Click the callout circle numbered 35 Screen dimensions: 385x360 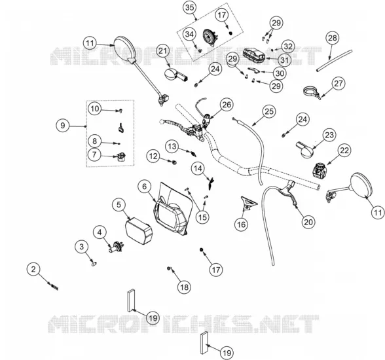pyautogui.click(x=190, y=8)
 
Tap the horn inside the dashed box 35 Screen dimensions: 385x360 pyautogui.click(x=210, y=36)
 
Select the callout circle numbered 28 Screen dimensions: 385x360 pyautogui.click(x=333, y=38)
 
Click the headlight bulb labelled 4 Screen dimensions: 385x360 pyautogui.click(x=117, y=247)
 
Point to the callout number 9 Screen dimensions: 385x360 pyautogui.click(x=63, y=126)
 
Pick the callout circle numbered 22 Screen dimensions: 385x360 pyautogui.click(x=344, y=150)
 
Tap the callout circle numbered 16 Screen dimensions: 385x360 pyautogui.click(x=242, y=225)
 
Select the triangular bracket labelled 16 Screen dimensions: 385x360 pyautogui.click(x=248, y=203)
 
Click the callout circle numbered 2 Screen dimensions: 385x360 pyautogui.click(x=33, y=269)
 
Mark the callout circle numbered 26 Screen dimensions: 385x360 pyautogui.click(x=227, y=105)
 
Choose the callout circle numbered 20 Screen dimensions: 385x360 pyautogui.click(x=308, y=222)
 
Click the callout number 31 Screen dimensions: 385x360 pyautogui.click(x=284, y=60)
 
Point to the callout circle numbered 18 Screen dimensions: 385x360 pyautogui.click(x=185, y=287)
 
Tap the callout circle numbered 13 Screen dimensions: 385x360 pyautogui.click(x=172, y=147)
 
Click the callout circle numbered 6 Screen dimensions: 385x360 pyautogui.click(x=144, y=187)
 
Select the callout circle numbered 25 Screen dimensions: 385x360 pyautogui.click(x=269, y=112)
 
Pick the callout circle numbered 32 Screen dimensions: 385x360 pyautogui.click(x=288, y=46)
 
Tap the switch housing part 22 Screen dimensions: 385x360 pyautogui.click(x=320, y=170)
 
